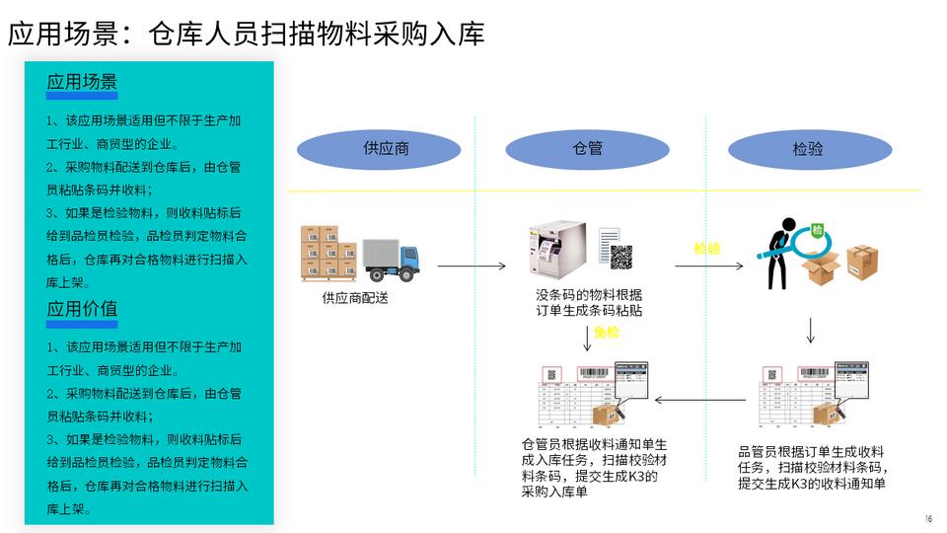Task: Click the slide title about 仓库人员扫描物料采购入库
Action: [x=247, y=34]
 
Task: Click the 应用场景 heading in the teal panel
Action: [x=82, y=82]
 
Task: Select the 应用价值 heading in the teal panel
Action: [x=82, y=308]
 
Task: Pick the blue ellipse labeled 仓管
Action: [x=588, y=149]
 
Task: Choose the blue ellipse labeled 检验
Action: [x=808, y=149]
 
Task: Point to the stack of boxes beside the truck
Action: [x=329, y=253]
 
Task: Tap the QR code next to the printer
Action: [x=621, y=258]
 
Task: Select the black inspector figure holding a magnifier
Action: [x=784, y=253]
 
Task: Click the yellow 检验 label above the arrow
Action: [x=707, y=249]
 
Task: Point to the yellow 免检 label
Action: [x=607, y=333]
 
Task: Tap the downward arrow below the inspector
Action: [x=811, y=330]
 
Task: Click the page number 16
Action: [x=927, y=519]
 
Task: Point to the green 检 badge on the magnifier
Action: [x=818, y=230]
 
